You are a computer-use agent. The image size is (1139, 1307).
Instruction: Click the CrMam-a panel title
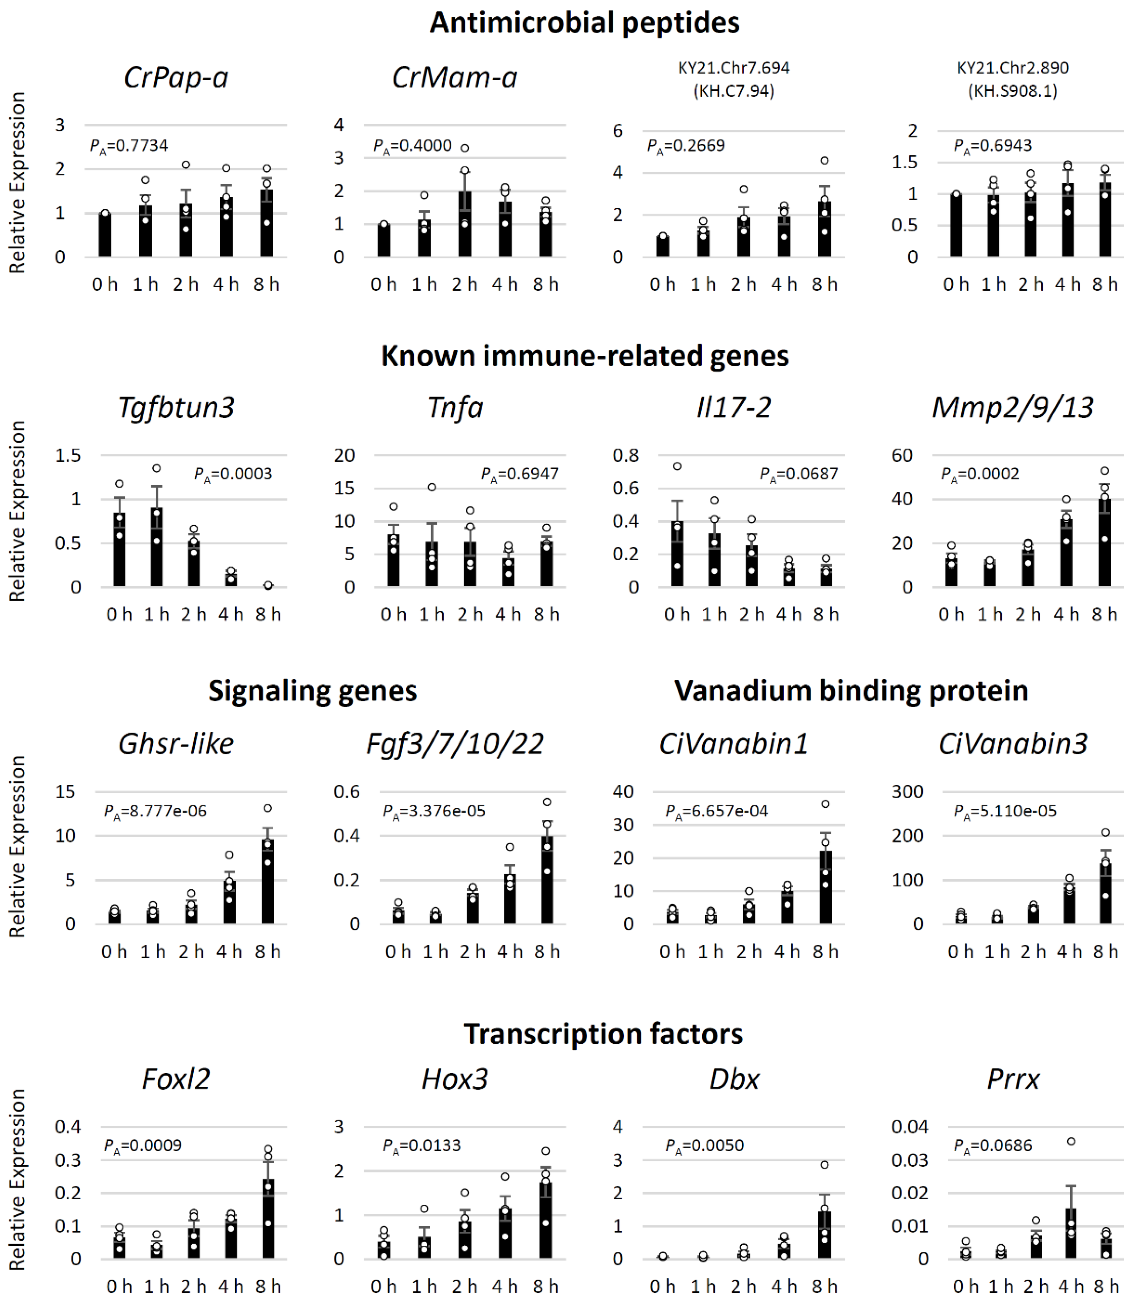pos(454,78)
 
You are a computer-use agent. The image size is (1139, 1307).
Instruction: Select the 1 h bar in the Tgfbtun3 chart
pos(156,547)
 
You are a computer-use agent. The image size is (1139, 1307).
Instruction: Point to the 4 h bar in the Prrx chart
pos(1071,1233)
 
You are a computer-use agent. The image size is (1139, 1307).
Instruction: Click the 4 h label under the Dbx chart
pos(784,1287)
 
